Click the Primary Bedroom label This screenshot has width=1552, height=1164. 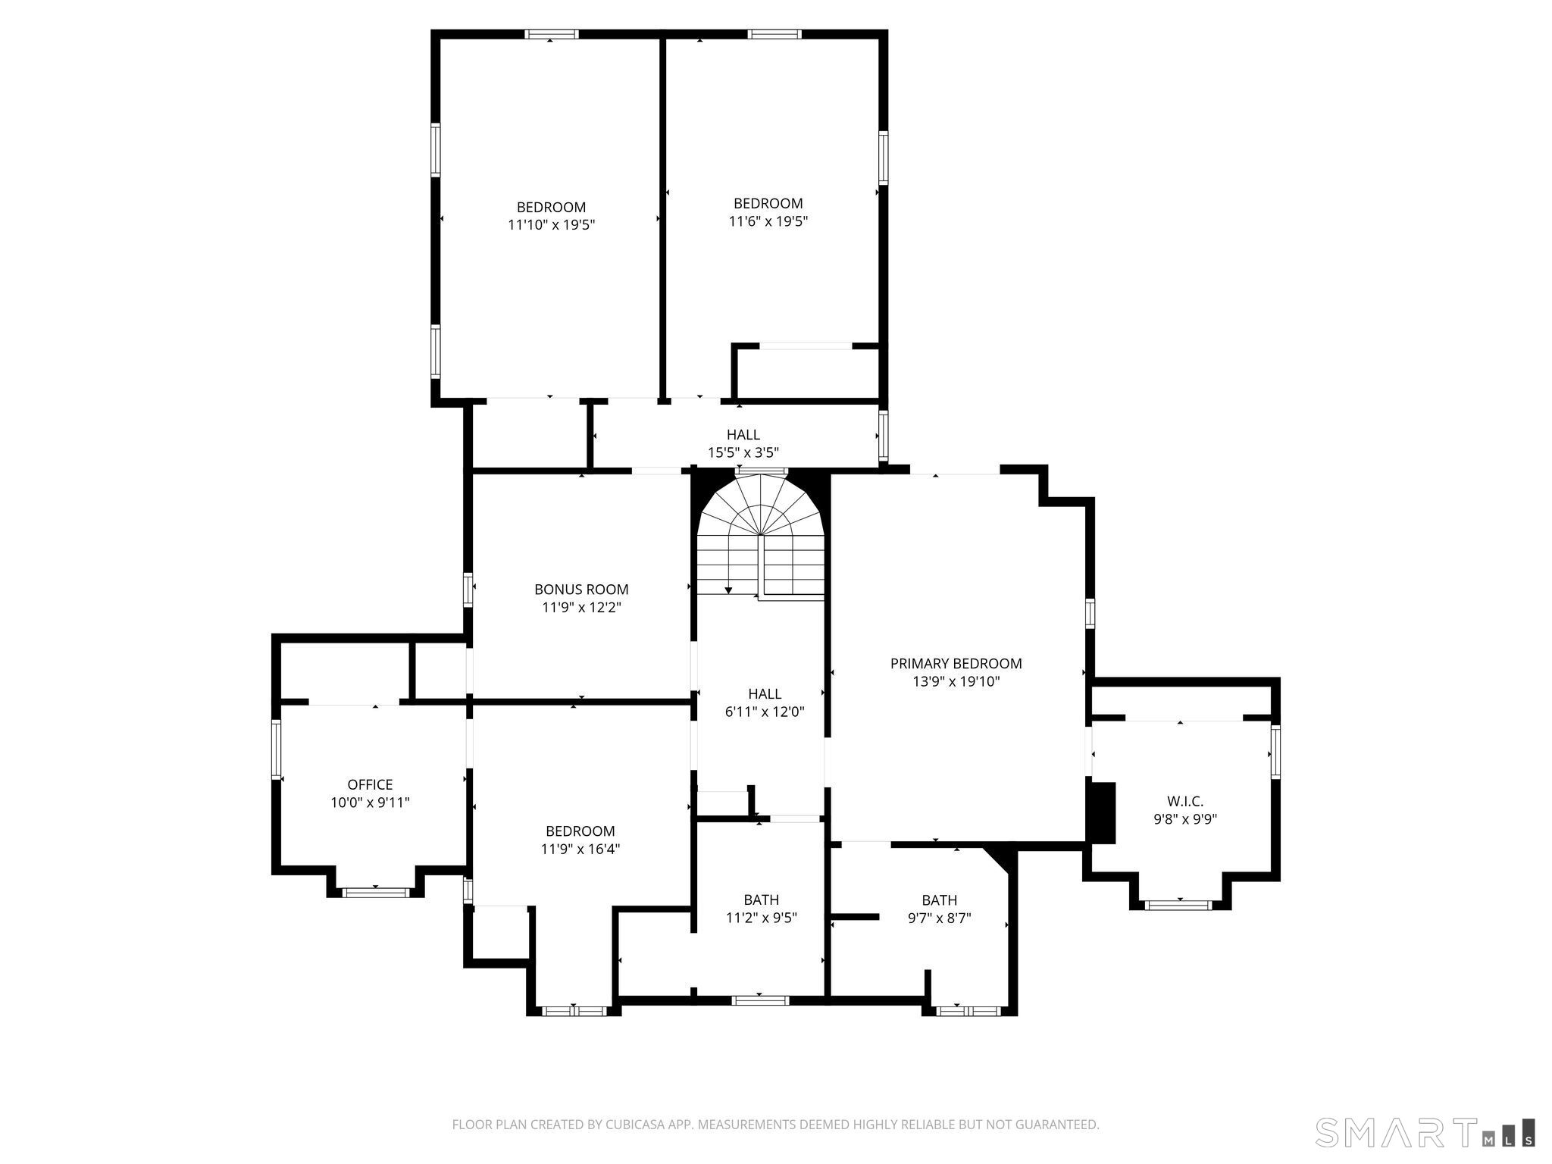pyautogui.click(x=956, y=664)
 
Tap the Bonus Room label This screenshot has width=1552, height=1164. pyautogui.click(x=581, y=590)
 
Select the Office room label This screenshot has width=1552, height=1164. pyautogui.click(x=370, y=785)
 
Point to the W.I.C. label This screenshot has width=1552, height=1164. pyautogui.click(x=1185, y=801)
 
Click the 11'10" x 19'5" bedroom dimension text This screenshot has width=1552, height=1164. pyautogui.click(x=551, y=225)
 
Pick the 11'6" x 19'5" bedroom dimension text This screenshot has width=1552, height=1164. pyautogui.click(x=768, y=222)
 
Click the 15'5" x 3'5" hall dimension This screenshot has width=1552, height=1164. pyautogui.click(x=743, y=453)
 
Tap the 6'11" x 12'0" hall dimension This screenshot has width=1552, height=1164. pyautogui.click(x=764, y=712)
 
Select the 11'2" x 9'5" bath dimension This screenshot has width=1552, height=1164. pyautogui.click(x=761, y=918)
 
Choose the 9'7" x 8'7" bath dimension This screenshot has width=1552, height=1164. pyautogui.click(x=939, y=918)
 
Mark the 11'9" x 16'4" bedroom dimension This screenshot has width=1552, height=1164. pyautogui.click(x=580, y=850)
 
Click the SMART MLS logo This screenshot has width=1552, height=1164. pyautogui.click(x=1425, y=1132)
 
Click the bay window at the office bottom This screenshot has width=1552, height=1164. pyautogui.click(x=376, y=892)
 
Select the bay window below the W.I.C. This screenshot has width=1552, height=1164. pyautogui.click(x=1178, y=904)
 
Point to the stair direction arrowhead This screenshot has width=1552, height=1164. pyautogui.click(x=728, y=590)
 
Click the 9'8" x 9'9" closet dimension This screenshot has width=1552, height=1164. pyautogui.click(x=1185, y=819)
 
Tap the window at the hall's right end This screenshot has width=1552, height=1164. pyautogui.click(x=883, y=436)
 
